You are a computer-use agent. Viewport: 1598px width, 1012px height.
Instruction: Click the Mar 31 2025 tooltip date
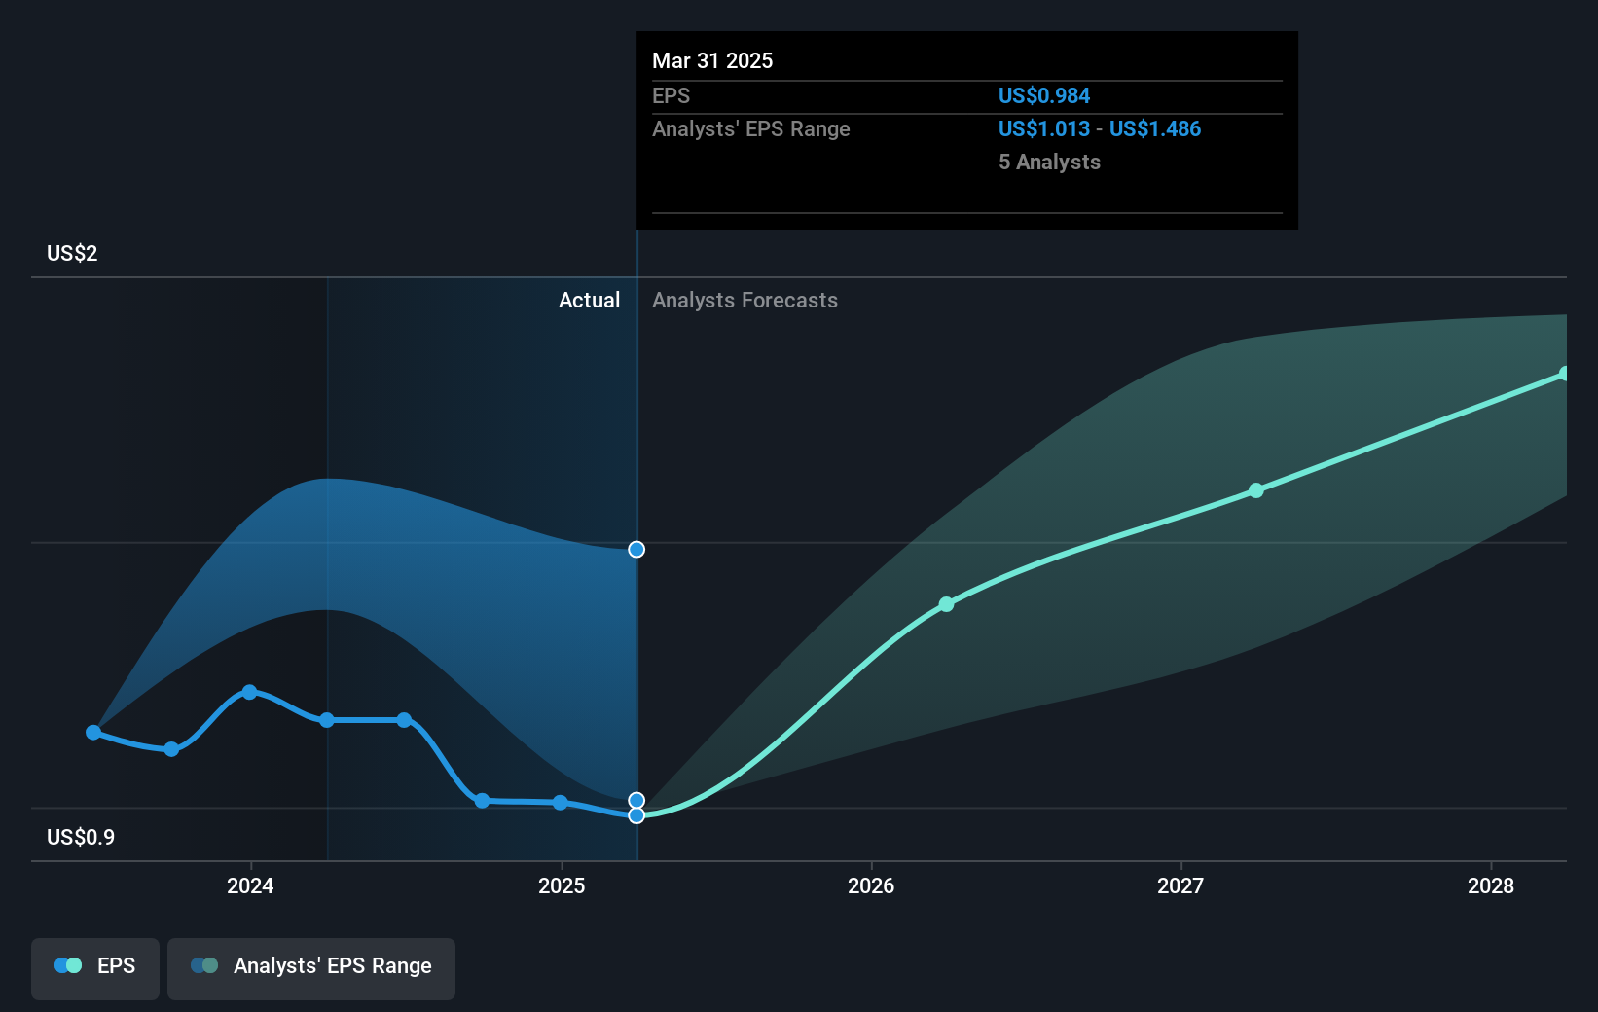712,60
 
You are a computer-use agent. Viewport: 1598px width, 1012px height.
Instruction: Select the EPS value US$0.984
1043,95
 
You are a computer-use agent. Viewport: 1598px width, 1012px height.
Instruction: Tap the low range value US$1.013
1043,128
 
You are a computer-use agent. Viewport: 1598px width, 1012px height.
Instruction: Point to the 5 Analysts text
1049,162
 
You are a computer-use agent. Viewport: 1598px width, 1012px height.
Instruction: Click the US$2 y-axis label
72,253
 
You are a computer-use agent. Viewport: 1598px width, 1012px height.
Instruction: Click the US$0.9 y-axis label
81,837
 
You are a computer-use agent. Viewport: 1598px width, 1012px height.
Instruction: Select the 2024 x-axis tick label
250,885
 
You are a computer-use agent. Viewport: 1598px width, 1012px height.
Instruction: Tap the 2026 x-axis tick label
871,885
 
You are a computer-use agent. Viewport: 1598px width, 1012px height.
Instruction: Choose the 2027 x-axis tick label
1180,885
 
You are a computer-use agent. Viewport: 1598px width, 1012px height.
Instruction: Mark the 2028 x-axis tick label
1491,885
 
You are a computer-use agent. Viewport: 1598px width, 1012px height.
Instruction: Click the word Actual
589,300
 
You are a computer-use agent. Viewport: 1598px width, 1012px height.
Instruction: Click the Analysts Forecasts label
745,300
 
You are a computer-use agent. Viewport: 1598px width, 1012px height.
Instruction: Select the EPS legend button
95,966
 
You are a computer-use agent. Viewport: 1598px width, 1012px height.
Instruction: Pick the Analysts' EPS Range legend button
311,966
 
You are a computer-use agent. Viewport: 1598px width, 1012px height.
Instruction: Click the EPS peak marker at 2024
249,692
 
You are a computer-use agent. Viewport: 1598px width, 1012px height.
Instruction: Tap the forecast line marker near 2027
1256,490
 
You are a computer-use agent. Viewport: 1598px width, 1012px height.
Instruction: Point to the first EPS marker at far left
93,732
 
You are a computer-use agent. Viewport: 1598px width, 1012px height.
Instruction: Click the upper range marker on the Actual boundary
636,550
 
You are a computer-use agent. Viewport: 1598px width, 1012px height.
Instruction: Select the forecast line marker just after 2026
946,604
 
